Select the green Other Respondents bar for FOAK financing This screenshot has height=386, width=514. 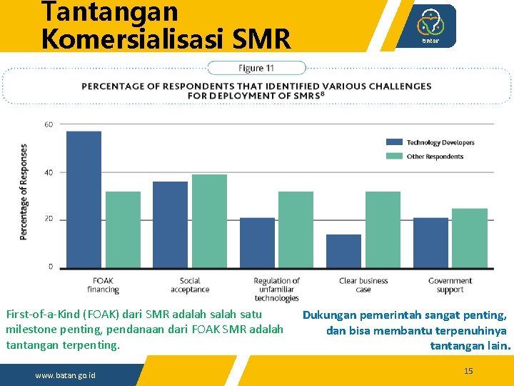[123, 229]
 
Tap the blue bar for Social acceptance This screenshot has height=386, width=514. [171, 224]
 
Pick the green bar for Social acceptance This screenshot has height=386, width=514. [209, 221]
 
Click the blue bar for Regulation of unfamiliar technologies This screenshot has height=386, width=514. [257, 242]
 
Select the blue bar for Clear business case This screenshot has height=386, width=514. [343, 251]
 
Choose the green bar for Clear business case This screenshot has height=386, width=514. [383, 229]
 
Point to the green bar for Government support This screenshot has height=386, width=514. [469, 238]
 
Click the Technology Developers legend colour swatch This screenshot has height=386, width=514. [395, 142]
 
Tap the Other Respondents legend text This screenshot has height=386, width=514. [435, 157]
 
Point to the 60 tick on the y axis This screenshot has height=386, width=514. [49, 124]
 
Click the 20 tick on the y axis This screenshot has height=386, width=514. [49, 219]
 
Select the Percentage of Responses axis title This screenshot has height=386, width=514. [24, 192]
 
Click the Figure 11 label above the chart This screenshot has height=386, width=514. [256, 68]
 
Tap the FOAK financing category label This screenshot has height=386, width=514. [104, 285]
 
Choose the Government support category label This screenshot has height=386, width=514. [450, 285]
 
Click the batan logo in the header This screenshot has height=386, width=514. [430, 26]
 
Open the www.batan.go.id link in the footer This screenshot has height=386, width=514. [65, 375]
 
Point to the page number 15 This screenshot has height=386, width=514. [468, 370]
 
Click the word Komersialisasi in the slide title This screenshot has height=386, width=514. [133, 39]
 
